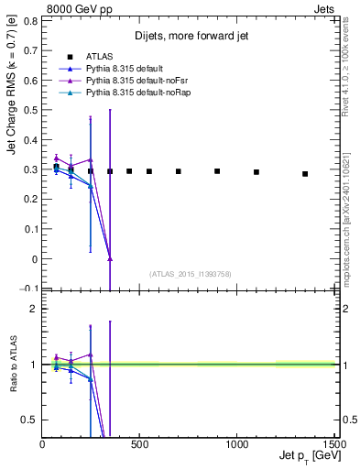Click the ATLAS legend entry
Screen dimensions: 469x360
[x=99, y=57]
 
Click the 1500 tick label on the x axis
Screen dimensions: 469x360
[x=334, y=445]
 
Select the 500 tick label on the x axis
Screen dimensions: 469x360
[x=140, y=445]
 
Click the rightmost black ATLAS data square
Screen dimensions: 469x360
[x=305, y=173]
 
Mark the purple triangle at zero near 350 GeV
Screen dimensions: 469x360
[x=110, y=259]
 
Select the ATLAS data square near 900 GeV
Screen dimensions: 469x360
[x=217, y=171]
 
